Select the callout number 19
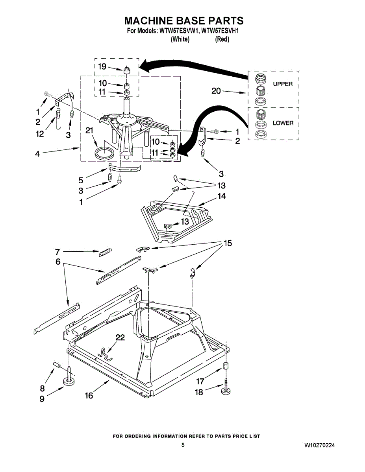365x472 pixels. click(x=102, y=66)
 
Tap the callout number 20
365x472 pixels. click(x=216, y=91)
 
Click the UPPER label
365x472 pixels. click(x=283, y=84)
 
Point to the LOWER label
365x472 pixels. click(x=283, y=123)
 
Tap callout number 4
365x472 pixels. click(x=37, y=154)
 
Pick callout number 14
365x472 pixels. click(x=222, y=196)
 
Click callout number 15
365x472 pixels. click(x=228, y=243)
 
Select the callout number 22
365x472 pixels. click(x=120, y=337)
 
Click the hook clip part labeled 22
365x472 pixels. click(x=104, y=354)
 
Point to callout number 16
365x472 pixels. click(x=89, y=395)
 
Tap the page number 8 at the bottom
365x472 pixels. click(x=183, y=445)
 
